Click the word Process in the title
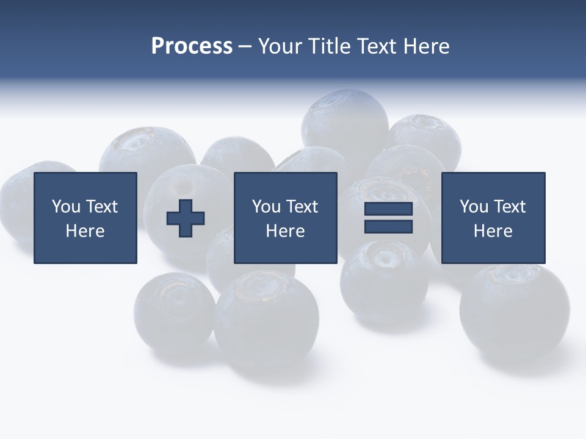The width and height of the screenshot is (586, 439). pos(192,46)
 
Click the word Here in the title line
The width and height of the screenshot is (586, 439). pos(425,46)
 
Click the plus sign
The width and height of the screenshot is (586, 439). pos(186,218)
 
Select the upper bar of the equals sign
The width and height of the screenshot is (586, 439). pos(388,209)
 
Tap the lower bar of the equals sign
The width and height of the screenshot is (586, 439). pos(388,227)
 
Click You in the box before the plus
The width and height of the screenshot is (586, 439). pos(66,207)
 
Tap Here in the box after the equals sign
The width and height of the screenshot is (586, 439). pos(493,231)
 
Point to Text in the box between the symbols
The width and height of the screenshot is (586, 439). pos(302,207)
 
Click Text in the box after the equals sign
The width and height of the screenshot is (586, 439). pos(510,207)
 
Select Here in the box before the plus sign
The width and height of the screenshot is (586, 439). pos(85,231)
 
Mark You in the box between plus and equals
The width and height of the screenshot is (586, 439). pos(266,207)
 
